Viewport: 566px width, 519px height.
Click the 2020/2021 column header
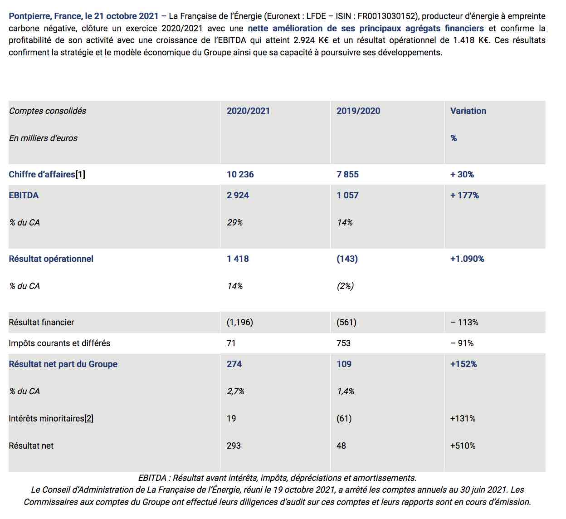coord(248,111)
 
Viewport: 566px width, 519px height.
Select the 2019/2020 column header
coord(358,111)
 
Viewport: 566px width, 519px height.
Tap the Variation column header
coord(468,111)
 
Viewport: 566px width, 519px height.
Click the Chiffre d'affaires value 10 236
coord(240,174)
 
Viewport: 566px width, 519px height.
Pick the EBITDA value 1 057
coord(347,195)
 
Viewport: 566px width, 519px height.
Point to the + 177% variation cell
coord(464,195)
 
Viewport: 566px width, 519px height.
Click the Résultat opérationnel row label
coord(51,259)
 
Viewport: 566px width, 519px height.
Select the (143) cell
coord(347,259)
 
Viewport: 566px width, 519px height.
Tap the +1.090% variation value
coord(467,259)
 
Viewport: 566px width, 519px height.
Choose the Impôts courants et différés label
coord(59,343)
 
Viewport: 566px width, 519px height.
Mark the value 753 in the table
coord(343,343)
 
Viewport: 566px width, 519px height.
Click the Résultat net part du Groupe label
coord(63,364)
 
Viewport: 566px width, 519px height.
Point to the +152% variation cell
coord(464,364)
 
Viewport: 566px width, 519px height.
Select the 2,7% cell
coord(235,392)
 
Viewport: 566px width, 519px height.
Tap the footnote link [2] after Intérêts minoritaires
coord(89,418)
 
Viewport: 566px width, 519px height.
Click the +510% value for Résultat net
coord(463,446)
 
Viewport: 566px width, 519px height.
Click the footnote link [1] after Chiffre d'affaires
coord(80,175)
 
